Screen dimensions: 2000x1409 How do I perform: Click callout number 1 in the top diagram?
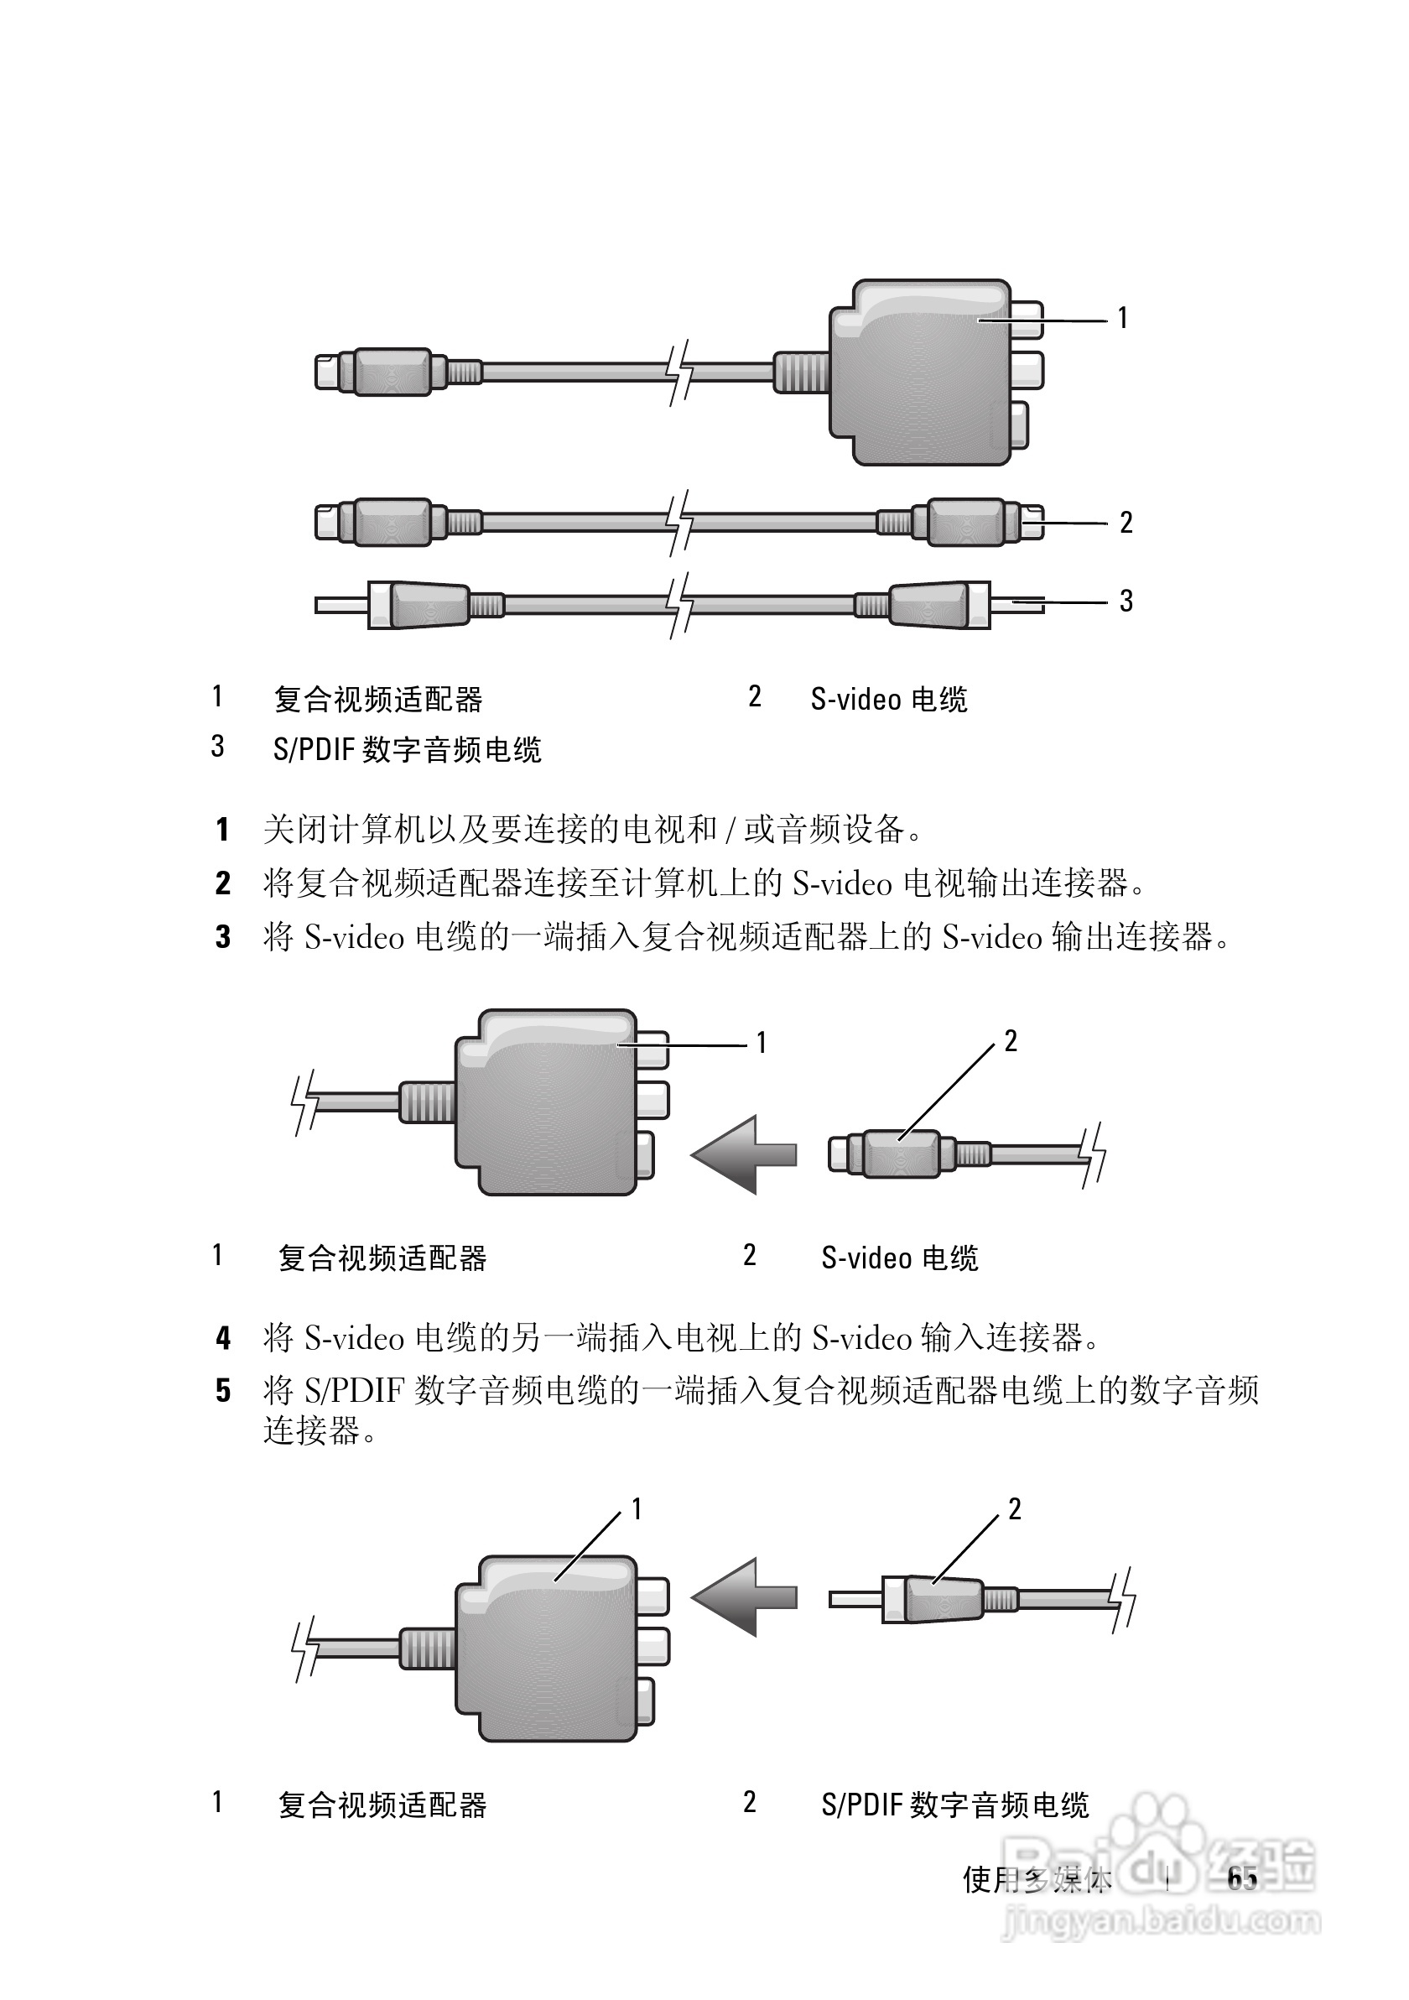pos(1122,318)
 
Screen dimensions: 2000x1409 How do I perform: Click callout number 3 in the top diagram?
pos(1126,600)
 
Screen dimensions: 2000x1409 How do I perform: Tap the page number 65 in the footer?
pos(1242,1879)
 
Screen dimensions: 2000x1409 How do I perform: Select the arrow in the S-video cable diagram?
pos(743,1154)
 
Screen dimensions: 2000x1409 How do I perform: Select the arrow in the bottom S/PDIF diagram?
pos(743,1596)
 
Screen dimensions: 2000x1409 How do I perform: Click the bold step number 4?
pos(223,1338)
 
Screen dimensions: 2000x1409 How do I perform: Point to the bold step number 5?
pos(223,1390)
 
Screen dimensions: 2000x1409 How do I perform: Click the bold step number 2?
pos(223,883)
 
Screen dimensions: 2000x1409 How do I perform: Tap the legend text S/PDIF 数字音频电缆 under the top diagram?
pos(407,749)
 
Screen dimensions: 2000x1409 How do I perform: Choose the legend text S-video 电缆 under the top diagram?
pos(888,700)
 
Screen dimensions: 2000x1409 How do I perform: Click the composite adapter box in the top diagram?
pos(918,372)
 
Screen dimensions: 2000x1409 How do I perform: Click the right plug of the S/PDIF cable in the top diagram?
pos(936,604)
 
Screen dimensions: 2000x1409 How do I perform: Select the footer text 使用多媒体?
pos(1037,1880)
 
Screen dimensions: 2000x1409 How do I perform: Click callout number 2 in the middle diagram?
pos(1010,1041)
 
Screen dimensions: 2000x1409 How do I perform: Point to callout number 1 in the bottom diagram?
pos(637,1508)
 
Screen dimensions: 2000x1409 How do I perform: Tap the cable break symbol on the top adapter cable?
pos(679,372)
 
